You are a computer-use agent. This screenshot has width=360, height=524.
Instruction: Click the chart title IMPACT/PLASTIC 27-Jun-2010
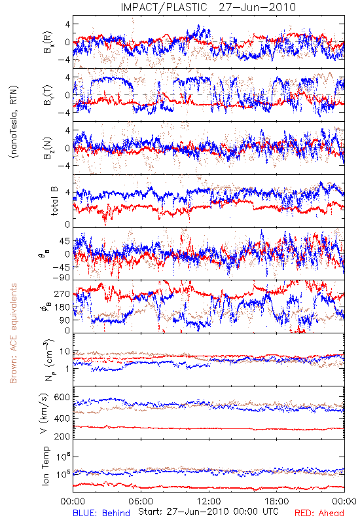pos(208,7)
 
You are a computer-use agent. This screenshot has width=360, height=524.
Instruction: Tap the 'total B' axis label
pos(54,201)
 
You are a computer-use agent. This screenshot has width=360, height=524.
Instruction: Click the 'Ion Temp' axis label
pos(45,466)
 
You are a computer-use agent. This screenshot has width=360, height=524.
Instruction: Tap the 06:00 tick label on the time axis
pos(141,501)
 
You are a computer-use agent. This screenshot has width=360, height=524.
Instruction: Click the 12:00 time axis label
pos(209,501)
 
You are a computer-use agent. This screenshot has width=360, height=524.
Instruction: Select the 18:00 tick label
pos(277,501)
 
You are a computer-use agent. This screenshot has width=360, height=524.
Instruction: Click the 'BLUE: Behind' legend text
pos(101,513)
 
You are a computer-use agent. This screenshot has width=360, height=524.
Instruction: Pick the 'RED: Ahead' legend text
pos(319,513)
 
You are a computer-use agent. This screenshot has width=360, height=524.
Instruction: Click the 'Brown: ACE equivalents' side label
pos(13,333)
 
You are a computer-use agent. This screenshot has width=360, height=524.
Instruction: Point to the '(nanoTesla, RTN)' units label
pos(14,122)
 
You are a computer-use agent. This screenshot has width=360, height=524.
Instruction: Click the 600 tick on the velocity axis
pos(62,398)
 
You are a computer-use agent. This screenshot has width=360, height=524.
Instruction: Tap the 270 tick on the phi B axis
pos(62,294)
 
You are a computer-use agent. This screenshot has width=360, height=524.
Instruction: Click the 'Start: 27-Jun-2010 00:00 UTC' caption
pos(208,512)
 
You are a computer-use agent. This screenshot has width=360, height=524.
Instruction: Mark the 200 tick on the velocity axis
pos(62,436)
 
